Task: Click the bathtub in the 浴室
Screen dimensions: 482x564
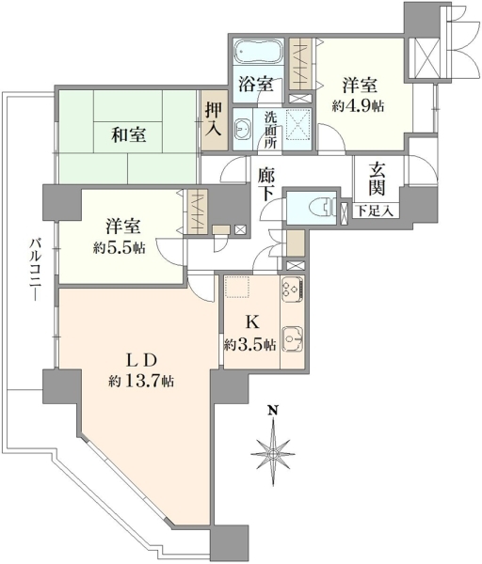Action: pos(257,51)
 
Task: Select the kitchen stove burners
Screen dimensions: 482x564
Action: pos(292,290)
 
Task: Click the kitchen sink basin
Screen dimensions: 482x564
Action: pos(292,338)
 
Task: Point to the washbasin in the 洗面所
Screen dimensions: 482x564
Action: pos(243,128)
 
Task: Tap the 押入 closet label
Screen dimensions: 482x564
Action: pos(214,119)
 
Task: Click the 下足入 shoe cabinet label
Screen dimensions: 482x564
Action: pos(375,211)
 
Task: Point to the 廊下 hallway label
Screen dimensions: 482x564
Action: pos(266,184)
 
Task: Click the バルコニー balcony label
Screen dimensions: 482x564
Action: pos(35,268)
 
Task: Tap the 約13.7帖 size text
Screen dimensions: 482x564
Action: pos(141,381)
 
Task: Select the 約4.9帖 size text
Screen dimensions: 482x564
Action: pos(358,106)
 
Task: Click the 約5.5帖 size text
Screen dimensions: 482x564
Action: pos(119,247)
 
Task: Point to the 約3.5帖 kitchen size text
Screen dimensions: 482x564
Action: pos(249,345)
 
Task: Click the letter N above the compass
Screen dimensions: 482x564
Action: pos(274,410)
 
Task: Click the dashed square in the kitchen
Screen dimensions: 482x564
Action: pos(237,287)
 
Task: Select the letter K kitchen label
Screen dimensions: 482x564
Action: pos(252,321)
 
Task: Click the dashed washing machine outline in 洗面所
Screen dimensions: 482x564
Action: pos(299,123)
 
